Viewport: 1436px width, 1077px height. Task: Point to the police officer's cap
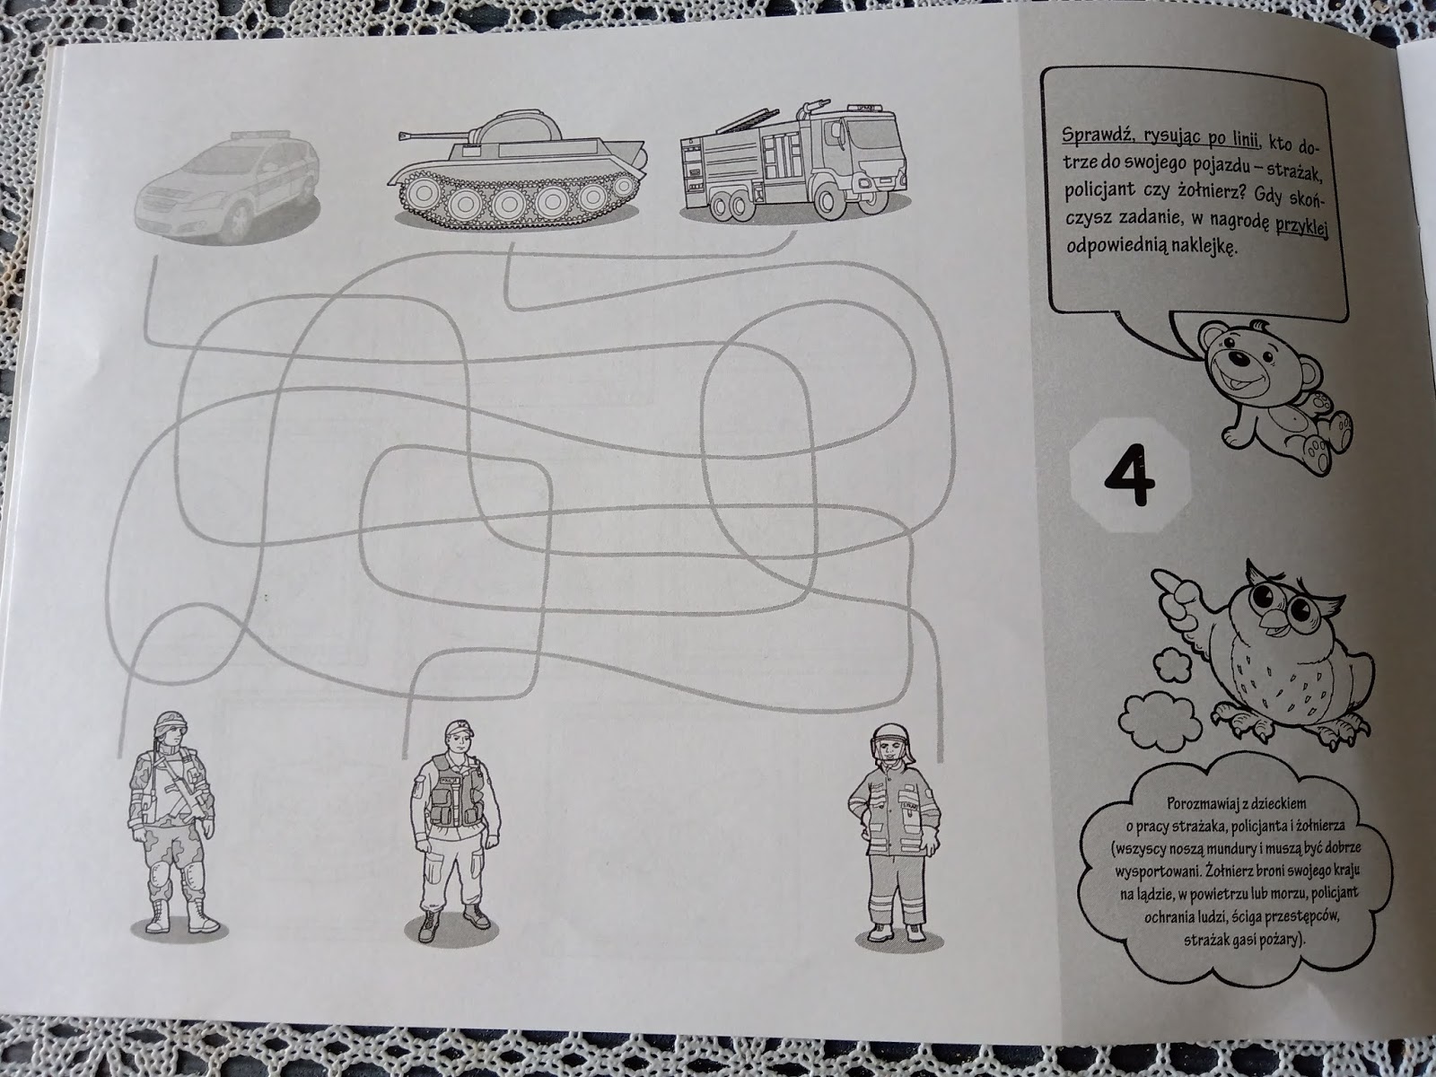coord(459,728)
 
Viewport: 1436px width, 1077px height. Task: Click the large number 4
coord(1130,475)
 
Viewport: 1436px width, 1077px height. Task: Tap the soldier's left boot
coord(202,915)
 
